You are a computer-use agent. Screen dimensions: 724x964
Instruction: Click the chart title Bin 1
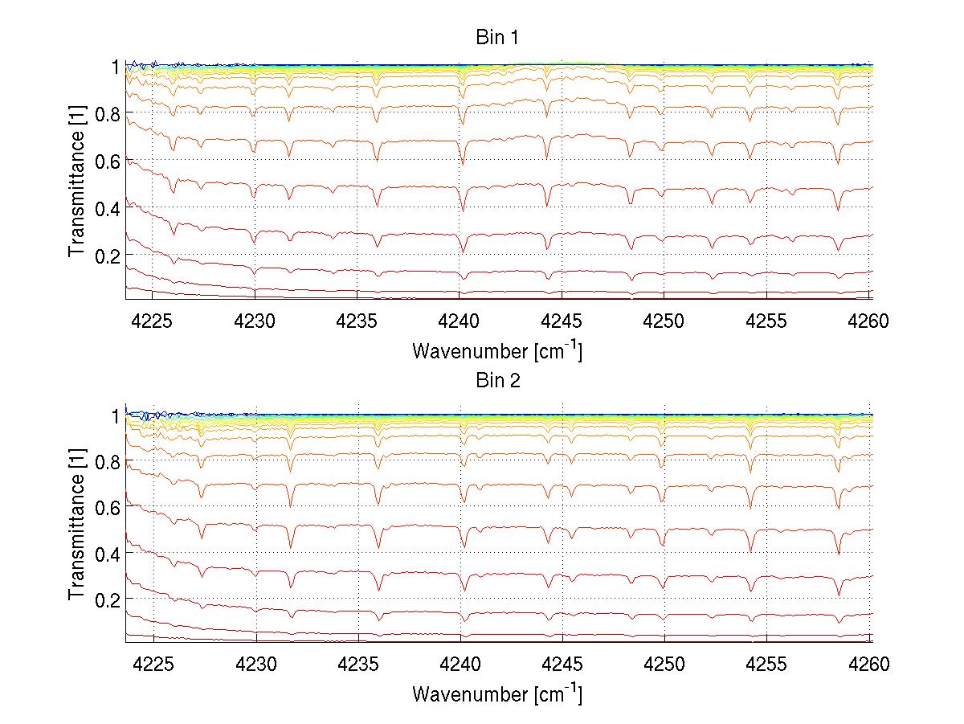(x=497, y=38)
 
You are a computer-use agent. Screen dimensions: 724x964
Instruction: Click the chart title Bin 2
(x=497, y=381)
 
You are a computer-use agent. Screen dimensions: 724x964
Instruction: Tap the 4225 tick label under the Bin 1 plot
(x=153, y=321)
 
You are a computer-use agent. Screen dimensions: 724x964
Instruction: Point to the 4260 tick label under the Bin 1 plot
(x=869, y=321)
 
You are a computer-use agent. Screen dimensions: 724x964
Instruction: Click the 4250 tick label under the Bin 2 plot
(x=664, y=665)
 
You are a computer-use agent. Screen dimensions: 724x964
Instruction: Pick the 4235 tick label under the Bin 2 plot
(x=357, y=665)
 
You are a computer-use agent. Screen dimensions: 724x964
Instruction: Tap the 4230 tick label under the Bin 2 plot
(x=255, y=665)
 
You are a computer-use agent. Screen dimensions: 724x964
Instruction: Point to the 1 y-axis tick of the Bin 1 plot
(x=116, y=67)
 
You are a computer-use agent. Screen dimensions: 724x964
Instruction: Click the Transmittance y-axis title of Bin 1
(x=77, y=182)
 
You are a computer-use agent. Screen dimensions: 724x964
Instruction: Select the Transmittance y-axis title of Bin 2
(x=77, y=526)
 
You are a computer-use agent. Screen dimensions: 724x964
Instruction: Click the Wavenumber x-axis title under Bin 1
(x=497, y=350)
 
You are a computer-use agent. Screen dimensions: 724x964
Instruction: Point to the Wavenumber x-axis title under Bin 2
(x=497, y=693)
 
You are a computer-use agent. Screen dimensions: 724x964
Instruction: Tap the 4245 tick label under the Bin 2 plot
(x=562, y=665)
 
